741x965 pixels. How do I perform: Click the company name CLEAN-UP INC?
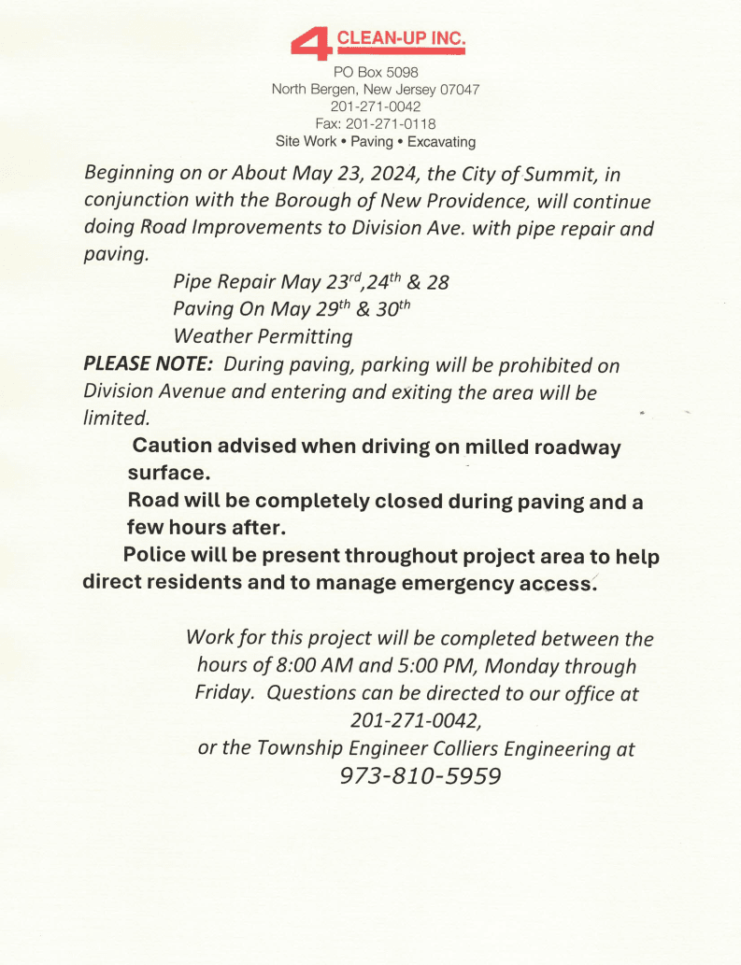pyautogui.click(x=400, y=39)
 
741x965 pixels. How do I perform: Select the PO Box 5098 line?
pyautogui.click(x=376, y=72)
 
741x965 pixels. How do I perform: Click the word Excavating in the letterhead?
pyautogui.click(x=441, y=142)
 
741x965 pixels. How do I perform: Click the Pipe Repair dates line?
pyautogui.click(x=310, y=281)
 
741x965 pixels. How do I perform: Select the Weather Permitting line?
pyautogui.click(x=263, y=335)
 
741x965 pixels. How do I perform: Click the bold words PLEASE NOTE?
pyautogui.click(x=150, y=363)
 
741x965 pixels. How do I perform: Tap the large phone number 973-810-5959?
pyautogui.click(x=420, y=776)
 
